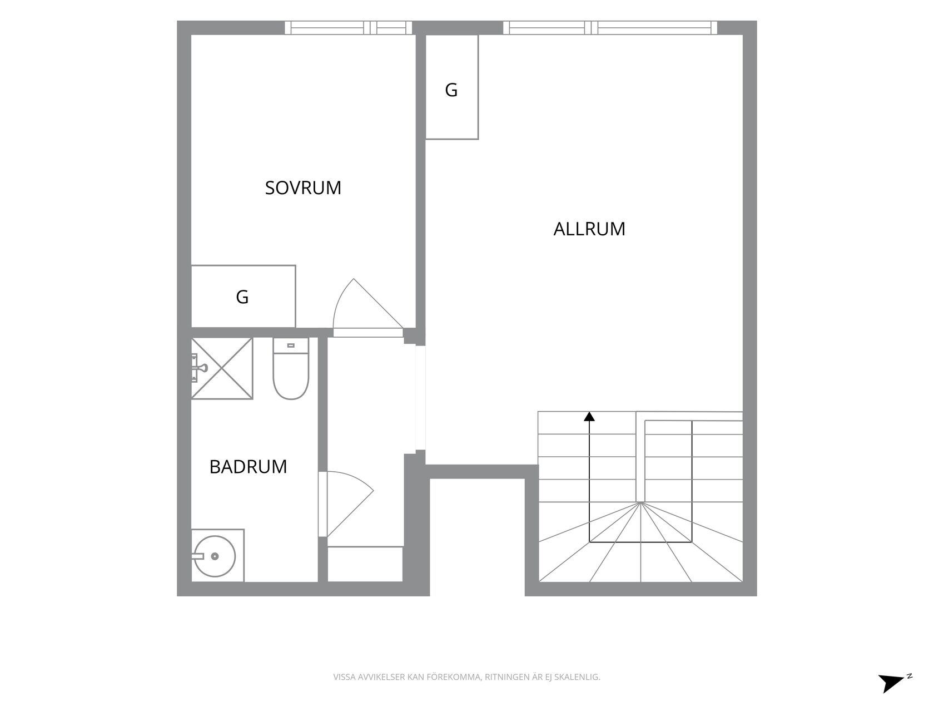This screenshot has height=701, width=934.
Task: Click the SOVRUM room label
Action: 303,187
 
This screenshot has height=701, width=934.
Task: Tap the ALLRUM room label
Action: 589,229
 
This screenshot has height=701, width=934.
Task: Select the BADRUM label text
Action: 248,467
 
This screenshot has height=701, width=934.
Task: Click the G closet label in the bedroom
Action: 242,297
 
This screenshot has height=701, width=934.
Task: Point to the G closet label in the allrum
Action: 451,90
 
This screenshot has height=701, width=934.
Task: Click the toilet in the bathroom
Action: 291,369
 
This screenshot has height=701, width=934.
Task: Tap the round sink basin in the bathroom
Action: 215,556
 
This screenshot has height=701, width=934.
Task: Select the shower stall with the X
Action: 222,369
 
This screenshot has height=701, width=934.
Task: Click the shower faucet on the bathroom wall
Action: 199,367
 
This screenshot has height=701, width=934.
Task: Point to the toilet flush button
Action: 291,345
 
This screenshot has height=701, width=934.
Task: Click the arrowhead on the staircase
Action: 589,416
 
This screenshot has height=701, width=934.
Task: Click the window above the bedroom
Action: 348,28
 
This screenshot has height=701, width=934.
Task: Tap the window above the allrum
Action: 610,28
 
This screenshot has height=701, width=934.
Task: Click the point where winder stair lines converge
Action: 640,502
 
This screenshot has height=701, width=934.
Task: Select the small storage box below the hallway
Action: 365,564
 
